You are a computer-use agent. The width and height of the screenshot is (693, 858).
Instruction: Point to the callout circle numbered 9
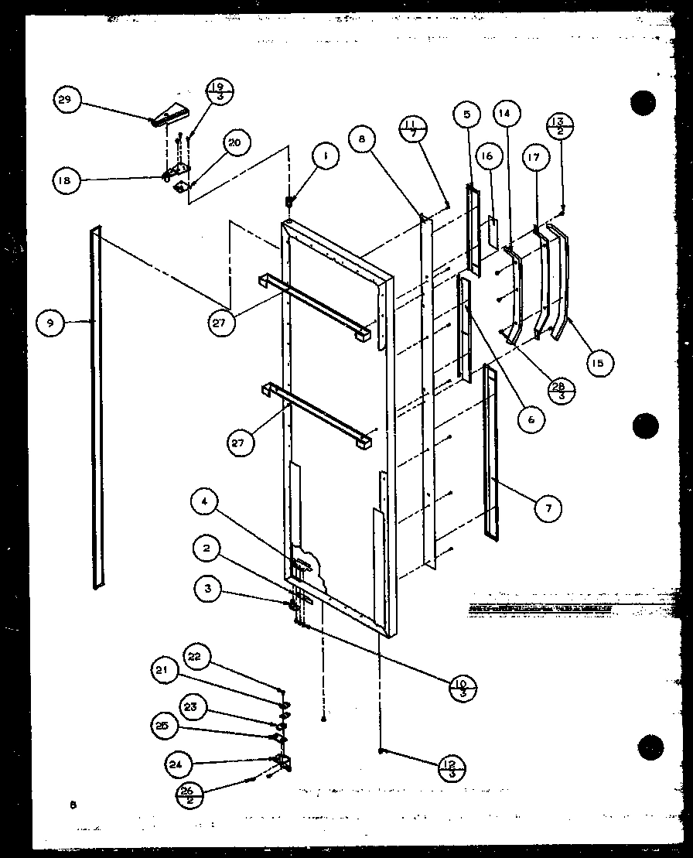[50, 322]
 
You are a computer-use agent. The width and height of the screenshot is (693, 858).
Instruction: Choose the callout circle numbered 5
[467, 116]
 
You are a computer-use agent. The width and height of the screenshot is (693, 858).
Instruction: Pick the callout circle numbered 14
[505, 113]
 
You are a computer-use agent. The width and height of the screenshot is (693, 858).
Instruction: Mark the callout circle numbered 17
[535, 157]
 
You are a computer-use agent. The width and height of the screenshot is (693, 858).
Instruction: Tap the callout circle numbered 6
[532, 419]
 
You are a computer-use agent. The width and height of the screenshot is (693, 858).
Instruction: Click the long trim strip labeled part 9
[96, 406]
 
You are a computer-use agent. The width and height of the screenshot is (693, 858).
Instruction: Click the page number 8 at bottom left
[72, 806]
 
